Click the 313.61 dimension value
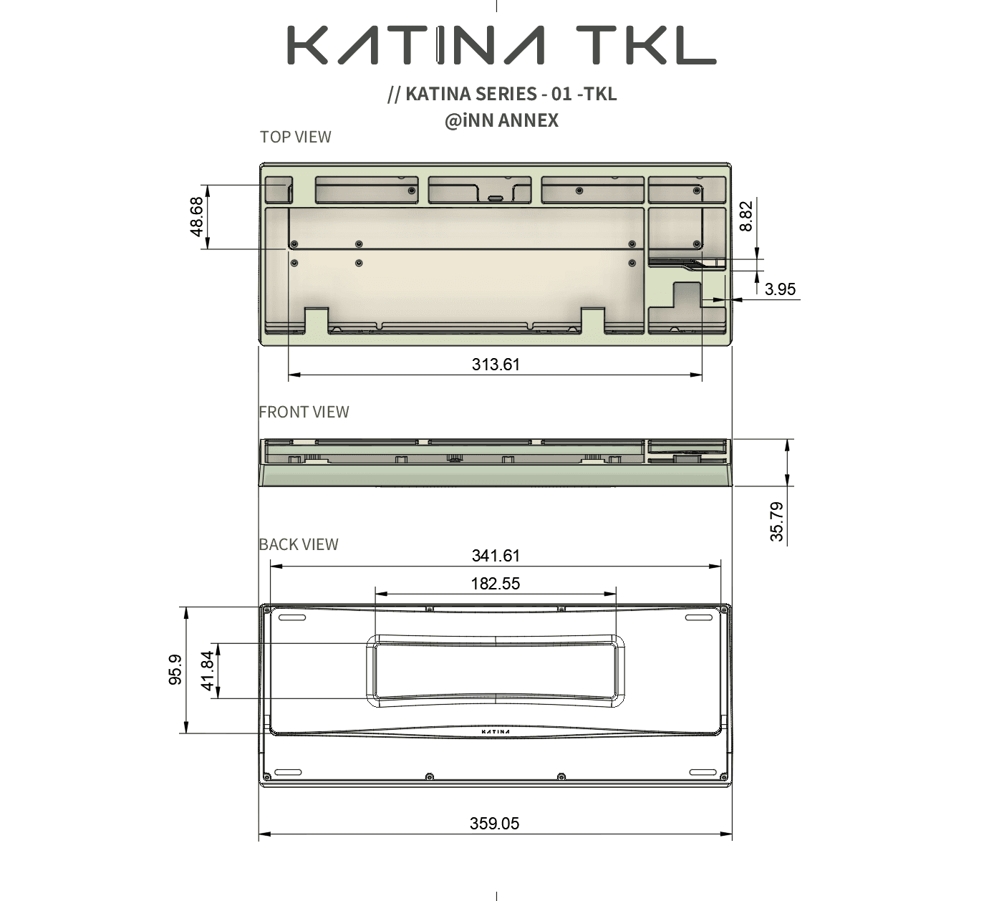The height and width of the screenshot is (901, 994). pos(496,365)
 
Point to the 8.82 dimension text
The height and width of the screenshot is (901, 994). pos(745,216)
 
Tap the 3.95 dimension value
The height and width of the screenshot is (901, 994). pos(780,289)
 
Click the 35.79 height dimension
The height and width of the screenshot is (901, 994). pos(776,521)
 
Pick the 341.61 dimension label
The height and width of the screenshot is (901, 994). pos(496,556)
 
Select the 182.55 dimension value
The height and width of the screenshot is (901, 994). pos(496,584)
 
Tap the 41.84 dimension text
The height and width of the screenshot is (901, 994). pos(208,670)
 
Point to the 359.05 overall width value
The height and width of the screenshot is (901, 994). pos(495,824)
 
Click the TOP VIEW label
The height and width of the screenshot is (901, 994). pos(295,137)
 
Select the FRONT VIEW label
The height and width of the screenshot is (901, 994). pos(304,412)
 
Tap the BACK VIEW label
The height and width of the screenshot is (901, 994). pos(299,544)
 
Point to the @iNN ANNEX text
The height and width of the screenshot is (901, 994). pos(501,120)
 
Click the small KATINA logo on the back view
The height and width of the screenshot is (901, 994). pos(496,732)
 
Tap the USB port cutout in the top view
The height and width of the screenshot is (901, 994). pos(496,198)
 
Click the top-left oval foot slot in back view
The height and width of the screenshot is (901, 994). pos(291,617)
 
